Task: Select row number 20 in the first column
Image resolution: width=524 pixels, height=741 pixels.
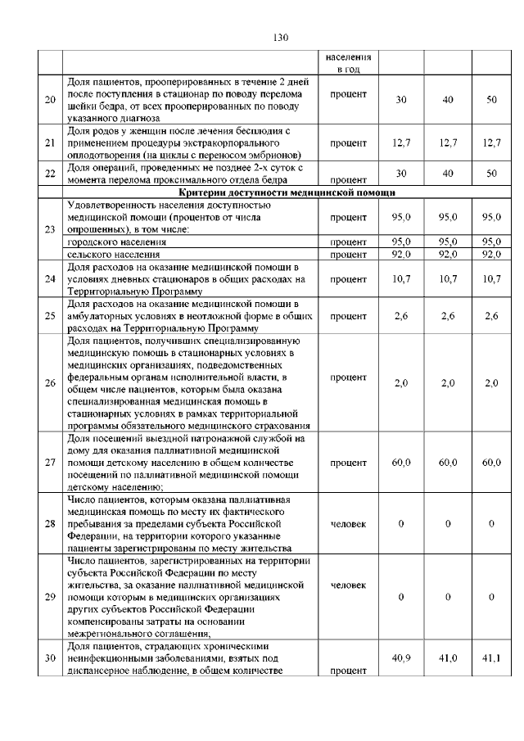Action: click(50, 100)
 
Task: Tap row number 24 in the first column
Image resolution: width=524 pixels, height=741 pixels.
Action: click(50, 280)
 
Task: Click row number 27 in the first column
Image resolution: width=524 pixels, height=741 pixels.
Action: click(50, 463)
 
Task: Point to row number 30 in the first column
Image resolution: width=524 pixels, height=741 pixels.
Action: click(50, 657)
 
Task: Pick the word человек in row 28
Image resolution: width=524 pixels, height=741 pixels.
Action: click(348, 522)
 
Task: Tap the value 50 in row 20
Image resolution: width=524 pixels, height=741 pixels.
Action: click(491, 100)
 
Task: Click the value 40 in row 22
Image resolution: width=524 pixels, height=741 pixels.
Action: click(447, 174)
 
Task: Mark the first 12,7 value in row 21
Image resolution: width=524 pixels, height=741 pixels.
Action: click(401, 143)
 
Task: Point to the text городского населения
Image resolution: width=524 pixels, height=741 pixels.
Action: click(115, 243)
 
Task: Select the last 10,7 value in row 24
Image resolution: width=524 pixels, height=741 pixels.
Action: click(491, 280)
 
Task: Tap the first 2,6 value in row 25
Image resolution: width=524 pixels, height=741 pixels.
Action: click(401, 315)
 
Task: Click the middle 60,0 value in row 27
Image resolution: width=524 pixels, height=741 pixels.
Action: click(447, 463)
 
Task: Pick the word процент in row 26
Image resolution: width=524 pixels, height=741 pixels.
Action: click(348, 377)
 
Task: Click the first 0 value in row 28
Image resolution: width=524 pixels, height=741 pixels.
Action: click(401, 523)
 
